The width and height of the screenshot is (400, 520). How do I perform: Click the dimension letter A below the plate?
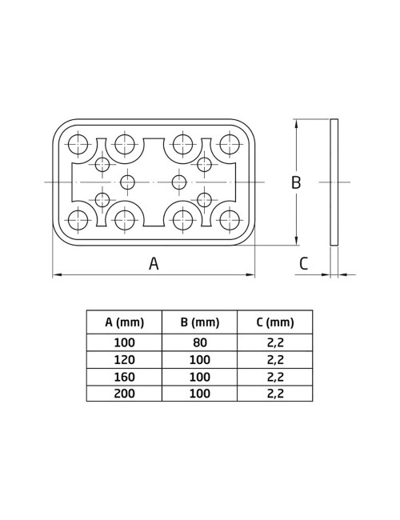coord(154,263)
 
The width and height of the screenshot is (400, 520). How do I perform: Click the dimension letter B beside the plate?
coord(295,182)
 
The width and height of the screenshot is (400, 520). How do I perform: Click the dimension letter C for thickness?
coord(303,263)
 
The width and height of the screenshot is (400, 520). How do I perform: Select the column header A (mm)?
coord(124,322)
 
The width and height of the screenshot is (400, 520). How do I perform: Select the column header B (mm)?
coord(199,322)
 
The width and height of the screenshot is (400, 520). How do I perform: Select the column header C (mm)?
coord(275,322)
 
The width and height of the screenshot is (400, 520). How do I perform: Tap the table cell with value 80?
coord(199,342)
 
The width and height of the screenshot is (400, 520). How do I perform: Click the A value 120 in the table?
coord(124,359)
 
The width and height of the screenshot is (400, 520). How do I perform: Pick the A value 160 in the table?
coord(124,376)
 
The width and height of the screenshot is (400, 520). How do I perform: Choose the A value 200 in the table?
coord(124,393)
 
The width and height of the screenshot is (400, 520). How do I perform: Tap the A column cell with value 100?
coord(124,342)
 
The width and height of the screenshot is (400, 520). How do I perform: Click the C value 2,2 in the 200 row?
coord(275,393)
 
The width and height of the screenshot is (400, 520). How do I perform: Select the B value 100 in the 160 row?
coord(199,376)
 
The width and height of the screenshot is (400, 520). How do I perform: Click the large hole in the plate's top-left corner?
coord(78,145)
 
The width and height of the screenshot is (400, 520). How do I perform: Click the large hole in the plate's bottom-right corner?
coord(230,219)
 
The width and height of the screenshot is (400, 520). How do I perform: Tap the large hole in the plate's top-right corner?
coord(230,145)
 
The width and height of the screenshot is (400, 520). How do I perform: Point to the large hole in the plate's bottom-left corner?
coord(78,219)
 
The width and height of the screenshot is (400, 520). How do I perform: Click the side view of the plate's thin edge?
coord(334,182)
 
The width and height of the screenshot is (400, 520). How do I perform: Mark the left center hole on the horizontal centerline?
coord(127,182)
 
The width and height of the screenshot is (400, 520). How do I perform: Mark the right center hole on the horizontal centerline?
coord(179,182)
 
